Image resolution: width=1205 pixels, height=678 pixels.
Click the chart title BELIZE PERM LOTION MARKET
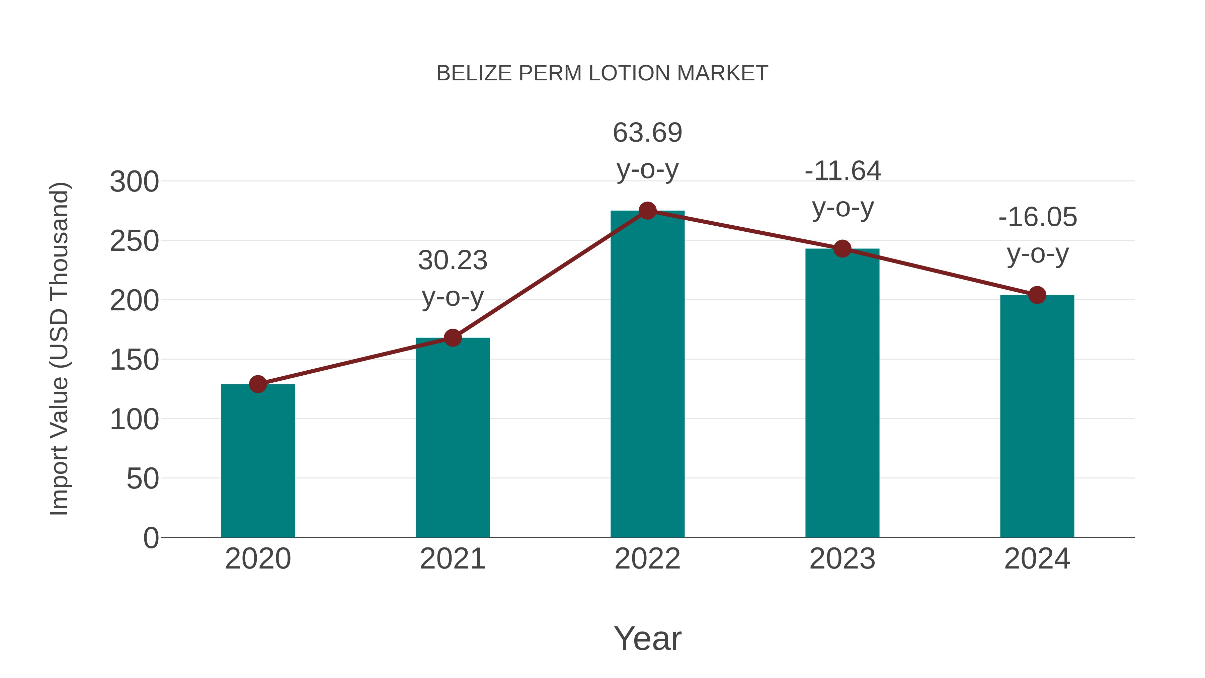[602, 73]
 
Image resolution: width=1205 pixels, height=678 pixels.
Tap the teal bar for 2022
[647, 374]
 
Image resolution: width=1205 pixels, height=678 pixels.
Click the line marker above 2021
[452, 338]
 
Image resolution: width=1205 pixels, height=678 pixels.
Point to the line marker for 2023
[842, 249]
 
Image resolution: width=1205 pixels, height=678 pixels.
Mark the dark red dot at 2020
[258, 384]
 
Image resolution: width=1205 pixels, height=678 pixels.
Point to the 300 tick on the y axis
[134, 182]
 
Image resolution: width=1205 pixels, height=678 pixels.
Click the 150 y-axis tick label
[134, 360]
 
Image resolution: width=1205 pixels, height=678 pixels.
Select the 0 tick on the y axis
[151, 538]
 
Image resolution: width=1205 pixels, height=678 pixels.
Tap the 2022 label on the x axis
[647, 559]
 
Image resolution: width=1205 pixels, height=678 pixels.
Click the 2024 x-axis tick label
[1037, 559]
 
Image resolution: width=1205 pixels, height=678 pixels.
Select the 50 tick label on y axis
[143, 479]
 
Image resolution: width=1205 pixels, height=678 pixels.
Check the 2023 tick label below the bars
[842, 559]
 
